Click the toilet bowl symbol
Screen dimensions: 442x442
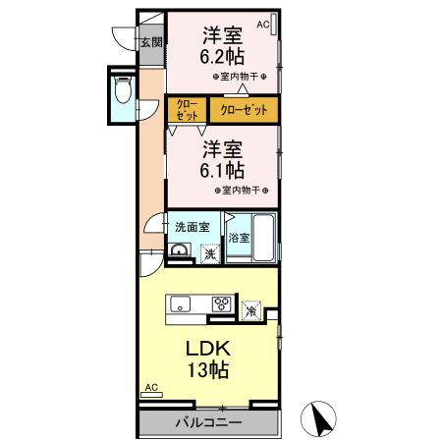click(123, 90)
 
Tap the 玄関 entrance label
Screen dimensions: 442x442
click(151, 42)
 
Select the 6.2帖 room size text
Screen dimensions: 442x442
click(222, 56)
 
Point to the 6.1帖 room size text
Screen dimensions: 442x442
click(222, 170)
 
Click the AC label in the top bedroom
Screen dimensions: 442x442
click(263, 25)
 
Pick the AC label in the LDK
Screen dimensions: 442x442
click(151, 387)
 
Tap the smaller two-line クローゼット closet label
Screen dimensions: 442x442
click(187, 110)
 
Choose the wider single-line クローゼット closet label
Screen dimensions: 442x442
click(244, 110)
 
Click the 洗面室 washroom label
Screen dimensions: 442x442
click(193, 227)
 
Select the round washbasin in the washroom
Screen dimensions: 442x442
click(180, 249)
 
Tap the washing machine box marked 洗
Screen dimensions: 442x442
click(210, 253)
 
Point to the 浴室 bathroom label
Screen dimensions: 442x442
click(239, 238)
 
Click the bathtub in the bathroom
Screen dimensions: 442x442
click(264, 238)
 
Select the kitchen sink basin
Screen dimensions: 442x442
click(181, 304)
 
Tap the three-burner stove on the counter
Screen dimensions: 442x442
click(222, 304)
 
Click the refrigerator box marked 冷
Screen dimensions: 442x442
click(251, 310)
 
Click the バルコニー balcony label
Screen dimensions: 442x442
click(208, 422)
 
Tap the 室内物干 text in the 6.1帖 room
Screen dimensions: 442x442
click(241, 191)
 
